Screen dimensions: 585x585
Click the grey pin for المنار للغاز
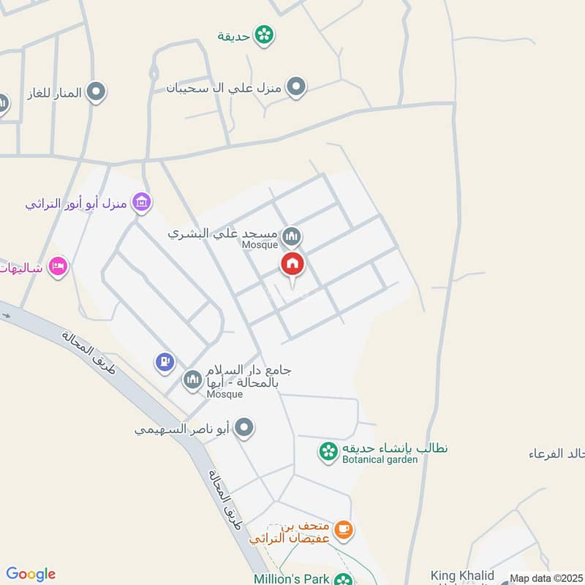[x=96, y=92]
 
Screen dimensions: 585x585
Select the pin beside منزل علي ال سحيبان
[x=295, y=88]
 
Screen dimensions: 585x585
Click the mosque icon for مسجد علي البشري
[x=292, y=236]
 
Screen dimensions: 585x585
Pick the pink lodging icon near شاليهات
[x=58, y=268]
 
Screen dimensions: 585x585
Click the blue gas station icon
[x=165, y=361]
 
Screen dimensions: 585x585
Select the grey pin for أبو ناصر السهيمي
[x=245, y=429]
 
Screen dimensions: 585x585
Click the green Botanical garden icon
[x=328, y=451]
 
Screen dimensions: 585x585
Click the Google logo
[x=31, y=574]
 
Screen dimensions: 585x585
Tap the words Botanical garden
[x=380, y=459]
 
